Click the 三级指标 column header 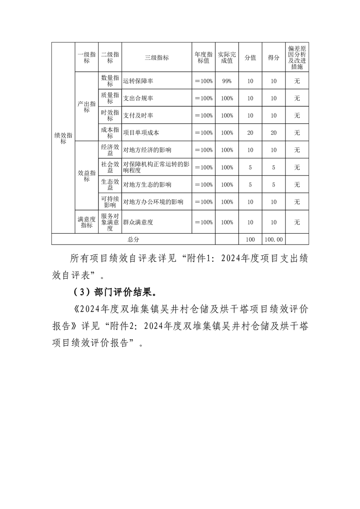click(x=157, y=58)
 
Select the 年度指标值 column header click(x=203, y=58)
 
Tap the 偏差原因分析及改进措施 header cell click(x=297, y=58)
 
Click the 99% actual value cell click(x=227, y=81)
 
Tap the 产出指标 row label click(x=86, y=107)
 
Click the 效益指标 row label click(x=86, y=176)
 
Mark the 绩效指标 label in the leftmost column click(x=63, y=138)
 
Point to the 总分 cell click(x=133, y=240)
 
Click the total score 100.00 click(x=273, y=240)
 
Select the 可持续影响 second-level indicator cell click(x=110, y=202)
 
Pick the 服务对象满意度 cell click(x=110, y=222)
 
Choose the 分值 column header click(x=250, y=58)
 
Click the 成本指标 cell click(x=110, y=133)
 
